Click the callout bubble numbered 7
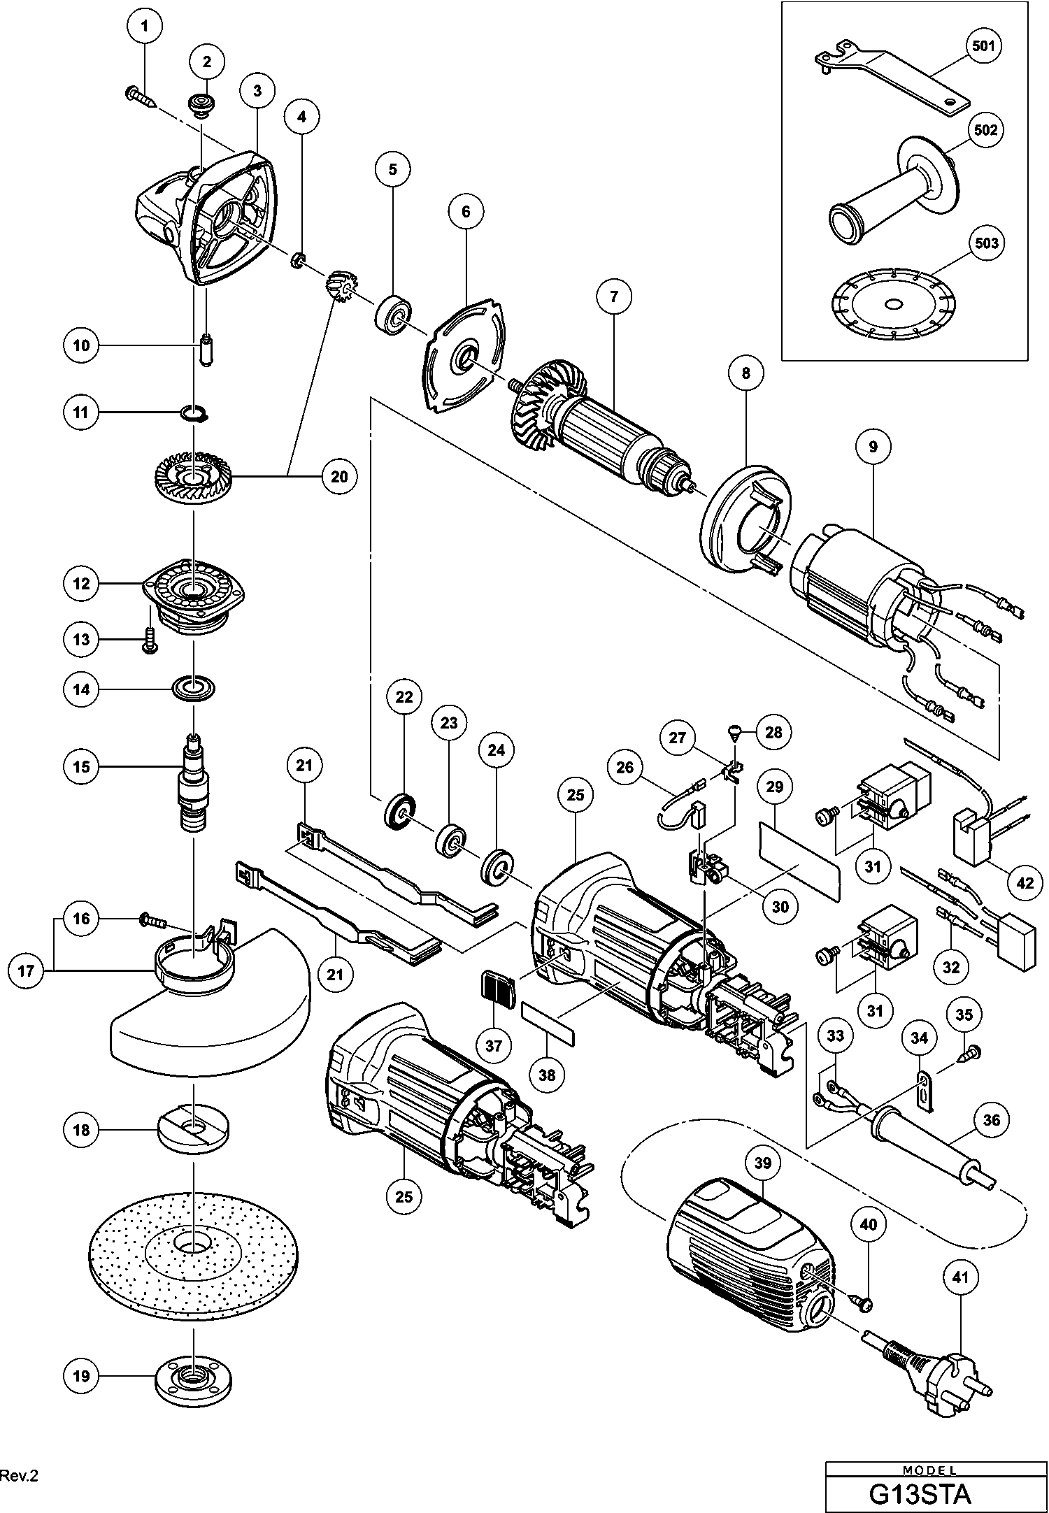tap(614, 296)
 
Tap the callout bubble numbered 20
tap(339, 476)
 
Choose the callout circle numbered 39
tap(762, 1163)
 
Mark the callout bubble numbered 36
tap(992, 1120)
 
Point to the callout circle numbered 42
tap(1025, 883)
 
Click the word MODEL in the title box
tap(929, 1470)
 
